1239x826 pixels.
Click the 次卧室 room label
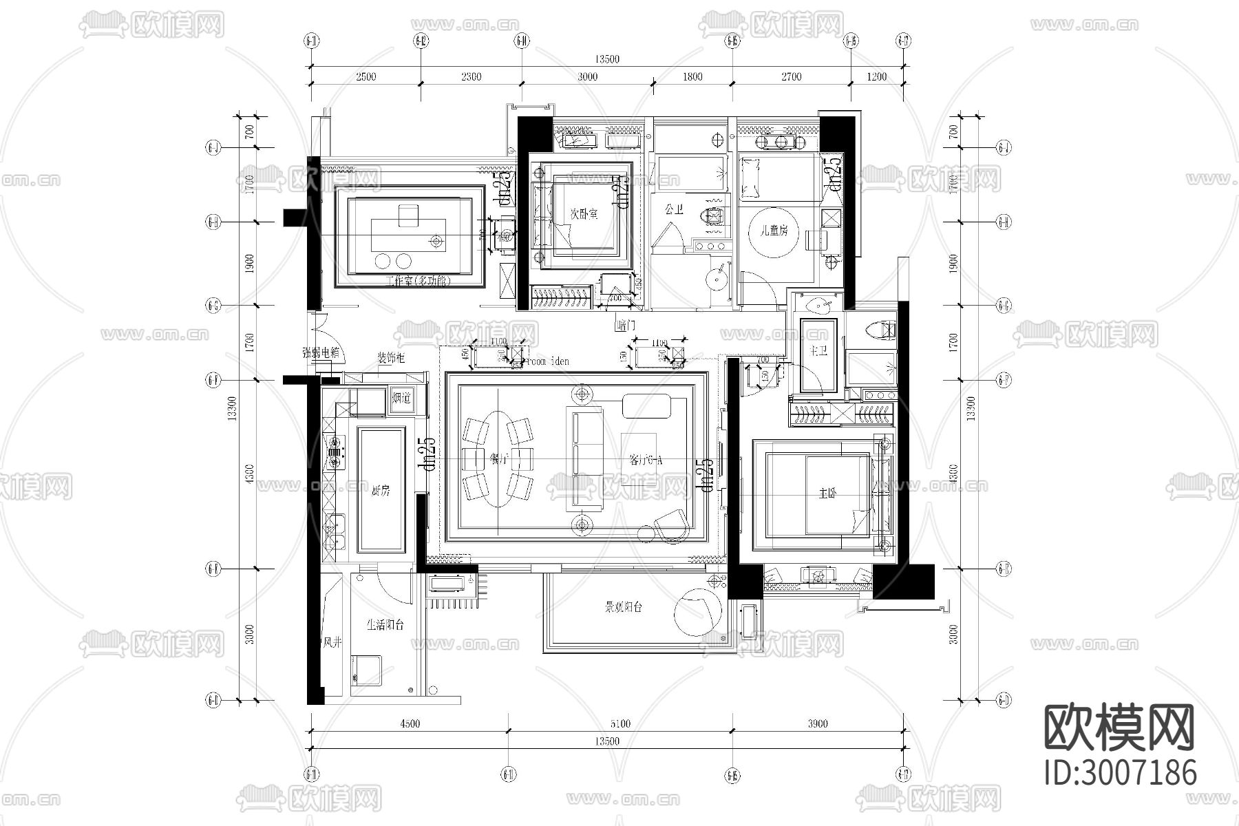(584, 214)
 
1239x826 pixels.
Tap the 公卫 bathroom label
(674, 209)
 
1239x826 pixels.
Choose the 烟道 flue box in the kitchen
(401, 398)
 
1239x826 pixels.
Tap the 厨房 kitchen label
(380, 491)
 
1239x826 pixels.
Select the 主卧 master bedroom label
(827, 494)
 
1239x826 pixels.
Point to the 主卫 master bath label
(818, 352)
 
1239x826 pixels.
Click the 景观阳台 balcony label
(624, 607)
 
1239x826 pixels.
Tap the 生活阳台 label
(385, 625)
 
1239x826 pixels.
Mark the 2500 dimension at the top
(366, 76)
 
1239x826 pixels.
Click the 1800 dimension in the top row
(692, 76)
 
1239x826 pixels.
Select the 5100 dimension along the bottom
(619, 723)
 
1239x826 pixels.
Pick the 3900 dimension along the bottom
(818, 723)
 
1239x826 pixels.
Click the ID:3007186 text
(1121, 772)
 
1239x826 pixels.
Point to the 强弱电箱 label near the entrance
(321, 353)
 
